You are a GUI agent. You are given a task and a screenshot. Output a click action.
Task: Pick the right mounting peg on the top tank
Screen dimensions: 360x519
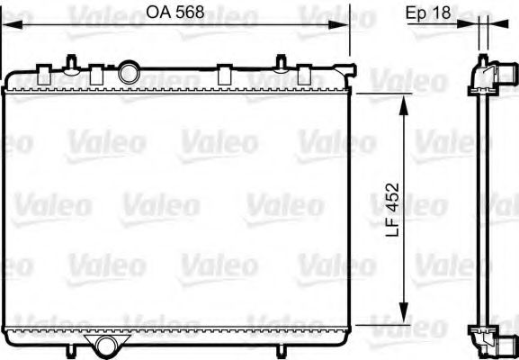(282, 64)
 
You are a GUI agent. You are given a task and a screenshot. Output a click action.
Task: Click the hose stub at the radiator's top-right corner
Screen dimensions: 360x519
(344, 70)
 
